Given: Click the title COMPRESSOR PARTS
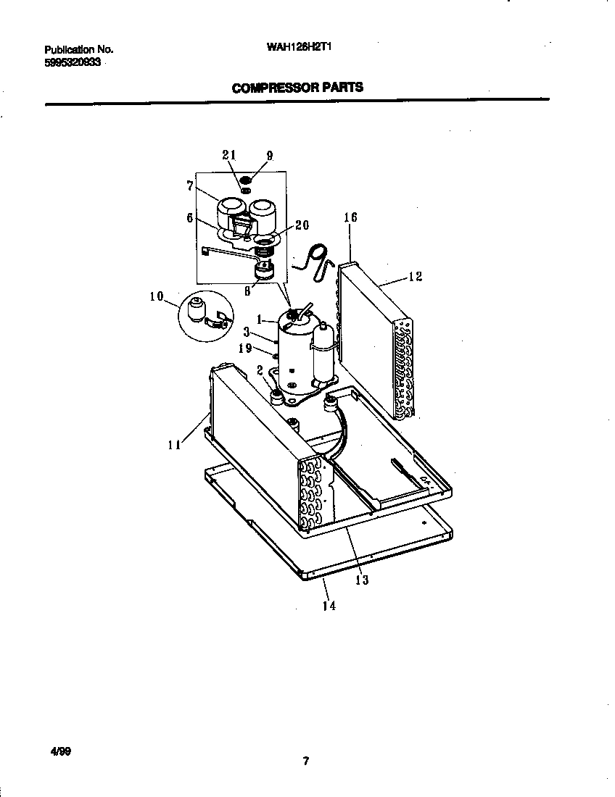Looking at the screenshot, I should click(297, 88).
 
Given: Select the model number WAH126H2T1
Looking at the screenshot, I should click(300, 49).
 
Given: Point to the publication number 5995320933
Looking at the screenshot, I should click(74, 63).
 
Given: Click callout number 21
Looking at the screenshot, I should click(229, 155).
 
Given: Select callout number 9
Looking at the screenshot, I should click(269, 155).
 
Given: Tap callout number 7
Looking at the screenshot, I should click(190, 187).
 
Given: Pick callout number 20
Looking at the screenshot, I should click(301, 225).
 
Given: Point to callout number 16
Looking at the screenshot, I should click(350, 217).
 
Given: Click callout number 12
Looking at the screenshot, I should click(416, 276).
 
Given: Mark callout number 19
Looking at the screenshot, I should click(247, 349).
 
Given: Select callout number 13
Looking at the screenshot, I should click(361, 579).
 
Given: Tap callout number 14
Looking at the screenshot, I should click(329, 606).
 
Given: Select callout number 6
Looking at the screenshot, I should click(189, 218).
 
